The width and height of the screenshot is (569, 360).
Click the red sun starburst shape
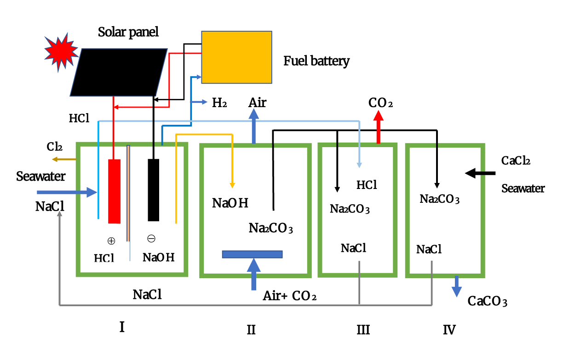(x=61, y=52)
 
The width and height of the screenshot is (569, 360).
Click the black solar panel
(x=119, y=72)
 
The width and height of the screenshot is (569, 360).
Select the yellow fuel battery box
(x=237, y=57)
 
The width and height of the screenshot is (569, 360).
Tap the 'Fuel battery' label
(x=316, y=61)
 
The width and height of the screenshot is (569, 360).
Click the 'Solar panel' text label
(x=128, y=32)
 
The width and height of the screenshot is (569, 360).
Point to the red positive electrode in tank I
(x=115, y=191)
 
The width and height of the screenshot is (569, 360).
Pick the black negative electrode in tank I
(x=154, y=190)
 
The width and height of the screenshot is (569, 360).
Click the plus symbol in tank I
(x=111, y=240)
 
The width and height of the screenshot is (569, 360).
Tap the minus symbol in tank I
(x=151, y=239)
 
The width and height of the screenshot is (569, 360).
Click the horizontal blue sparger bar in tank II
(x=252, y=254)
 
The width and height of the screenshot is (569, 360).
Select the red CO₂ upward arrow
(x=378, y=127)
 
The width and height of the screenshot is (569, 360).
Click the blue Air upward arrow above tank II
(x=254, y=126)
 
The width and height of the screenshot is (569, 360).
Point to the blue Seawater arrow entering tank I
(x=67, y=192)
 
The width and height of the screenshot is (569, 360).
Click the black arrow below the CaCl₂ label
(x=480, y=173)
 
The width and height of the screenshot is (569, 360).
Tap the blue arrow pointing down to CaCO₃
(x=456, y=286)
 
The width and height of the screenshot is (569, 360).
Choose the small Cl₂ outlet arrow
(x=64, y=160)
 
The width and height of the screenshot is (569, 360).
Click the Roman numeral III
(x=363, y=330)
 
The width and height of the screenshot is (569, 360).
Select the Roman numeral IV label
(x=449, y=330)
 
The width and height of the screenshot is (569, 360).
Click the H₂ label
(x=219, y=103)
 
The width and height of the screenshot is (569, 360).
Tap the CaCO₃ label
(x=488, y=301)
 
